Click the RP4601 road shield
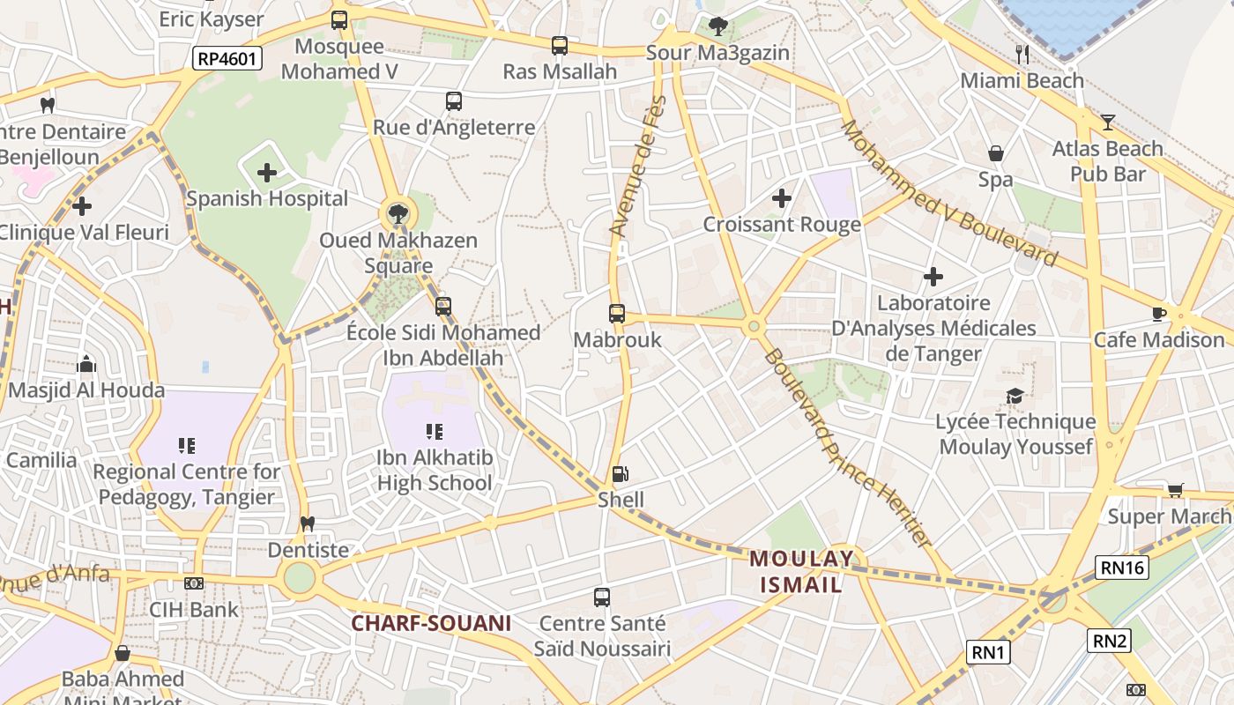[228, 59]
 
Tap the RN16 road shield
[1122, 568]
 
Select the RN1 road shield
[988, 652]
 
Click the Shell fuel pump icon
[621, 474]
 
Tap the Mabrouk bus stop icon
[617, 313]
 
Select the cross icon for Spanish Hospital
[267, 173]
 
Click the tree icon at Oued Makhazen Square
[398, 212]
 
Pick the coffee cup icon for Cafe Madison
[1159, 314]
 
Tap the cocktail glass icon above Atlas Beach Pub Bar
[1108, 122]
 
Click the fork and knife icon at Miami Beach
[1022, 55]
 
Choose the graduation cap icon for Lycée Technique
[1015, 396]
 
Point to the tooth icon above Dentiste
[308, 523]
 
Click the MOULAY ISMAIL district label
[801, 571]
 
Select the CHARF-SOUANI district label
[431, 623]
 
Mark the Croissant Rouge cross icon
[781, 198]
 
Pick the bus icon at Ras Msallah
[559, 46]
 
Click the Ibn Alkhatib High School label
[435, 471]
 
